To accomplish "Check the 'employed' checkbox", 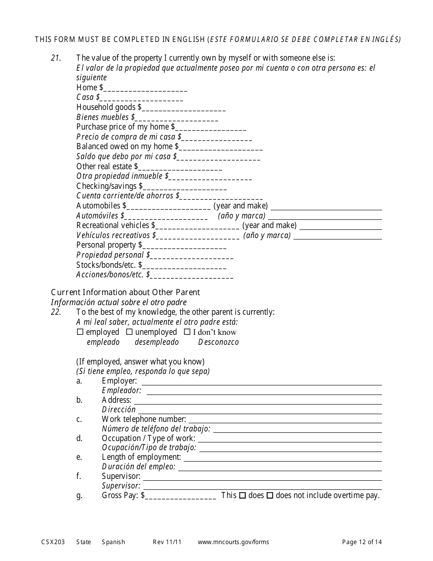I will pos(80,332).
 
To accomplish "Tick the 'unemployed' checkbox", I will pos(129,332).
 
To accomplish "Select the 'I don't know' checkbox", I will pos(187,332).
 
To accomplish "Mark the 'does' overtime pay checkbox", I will pos(242,495).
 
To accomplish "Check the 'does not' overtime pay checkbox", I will pos(270,495).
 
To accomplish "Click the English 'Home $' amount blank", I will pos(145,88).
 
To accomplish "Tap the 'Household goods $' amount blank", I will pos(184,108).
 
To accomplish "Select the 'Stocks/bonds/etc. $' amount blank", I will pos(184,265).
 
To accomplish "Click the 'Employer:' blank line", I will pos(262,381).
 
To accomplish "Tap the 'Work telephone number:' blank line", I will pos(285,420).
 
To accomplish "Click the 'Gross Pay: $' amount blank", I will pos(180,496).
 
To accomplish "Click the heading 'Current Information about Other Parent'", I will pos(125,292).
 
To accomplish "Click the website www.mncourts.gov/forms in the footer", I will pos(233,542).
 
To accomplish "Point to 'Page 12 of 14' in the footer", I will pos(362,542).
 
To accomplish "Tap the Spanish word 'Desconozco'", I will pos(218,342).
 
